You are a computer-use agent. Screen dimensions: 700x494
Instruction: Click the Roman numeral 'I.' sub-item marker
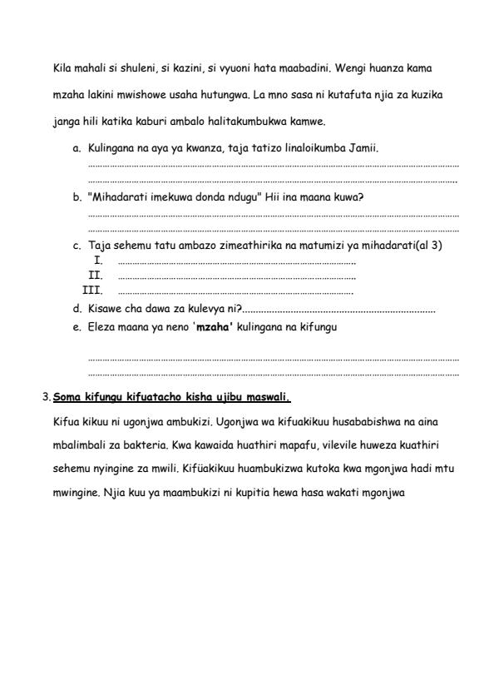pos(98,261)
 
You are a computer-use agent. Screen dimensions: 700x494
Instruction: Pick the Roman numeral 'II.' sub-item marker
pos(96,274)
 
